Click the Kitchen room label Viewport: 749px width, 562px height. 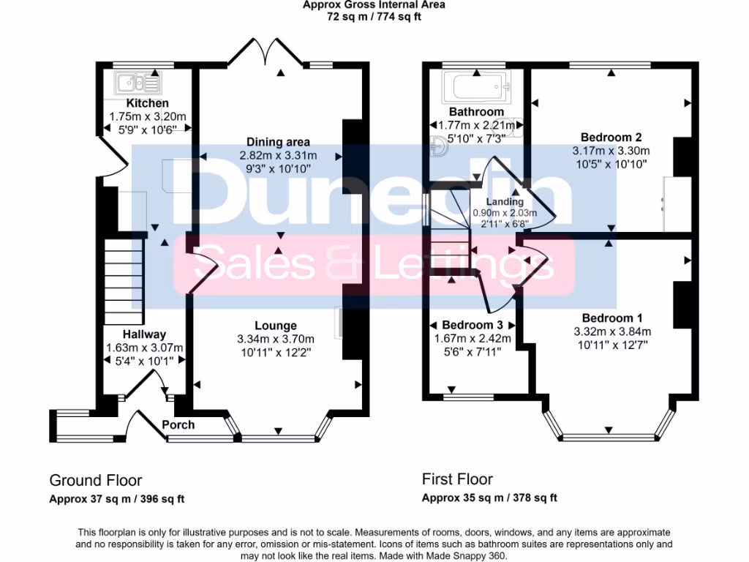pyautogui.click(x=147, y=103)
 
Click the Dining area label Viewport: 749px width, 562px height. pyautogui.click(x=278, y=142)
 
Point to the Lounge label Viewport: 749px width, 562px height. pyautogui.click(x=276, y=326)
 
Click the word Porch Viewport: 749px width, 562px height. pyautogui.click(x=178, y=425)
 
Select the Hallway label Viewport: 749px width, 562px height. pyautogui.click(x=144, y=334)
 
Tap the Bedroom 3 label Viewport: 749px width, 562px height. pyautogui.click(x=472, y=325)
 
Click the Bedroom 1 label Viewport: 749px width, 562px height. pyautogui.click(x=611, y=318)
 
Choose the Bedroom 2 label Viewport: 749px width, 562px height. pyautogui.click(x=611, y=137)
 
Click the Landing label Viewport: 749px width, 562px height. pyautogui.click(x=505, y=202)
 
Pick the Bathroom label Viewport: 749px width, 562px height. pyautogui.click(x=476, y=112)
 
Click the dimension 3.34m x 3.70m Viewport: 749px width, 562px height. pyautogui.click(x=276, y=339)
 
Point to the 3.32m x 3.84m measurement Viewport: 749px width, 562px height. pyautogui.click(x=611, y=331)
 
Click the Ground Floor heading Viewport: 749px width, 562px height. pyautogui.click(x=96, y=481)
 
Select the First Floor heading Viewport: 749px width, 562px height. pyautogui.click(x=458, y=480)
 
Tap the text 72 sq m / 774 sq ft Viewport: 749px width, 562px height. pyautogui.click(x=374, y=16)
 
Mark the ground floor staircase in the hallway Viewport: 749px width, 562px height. pyautogui.click(x=121, y=281)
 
